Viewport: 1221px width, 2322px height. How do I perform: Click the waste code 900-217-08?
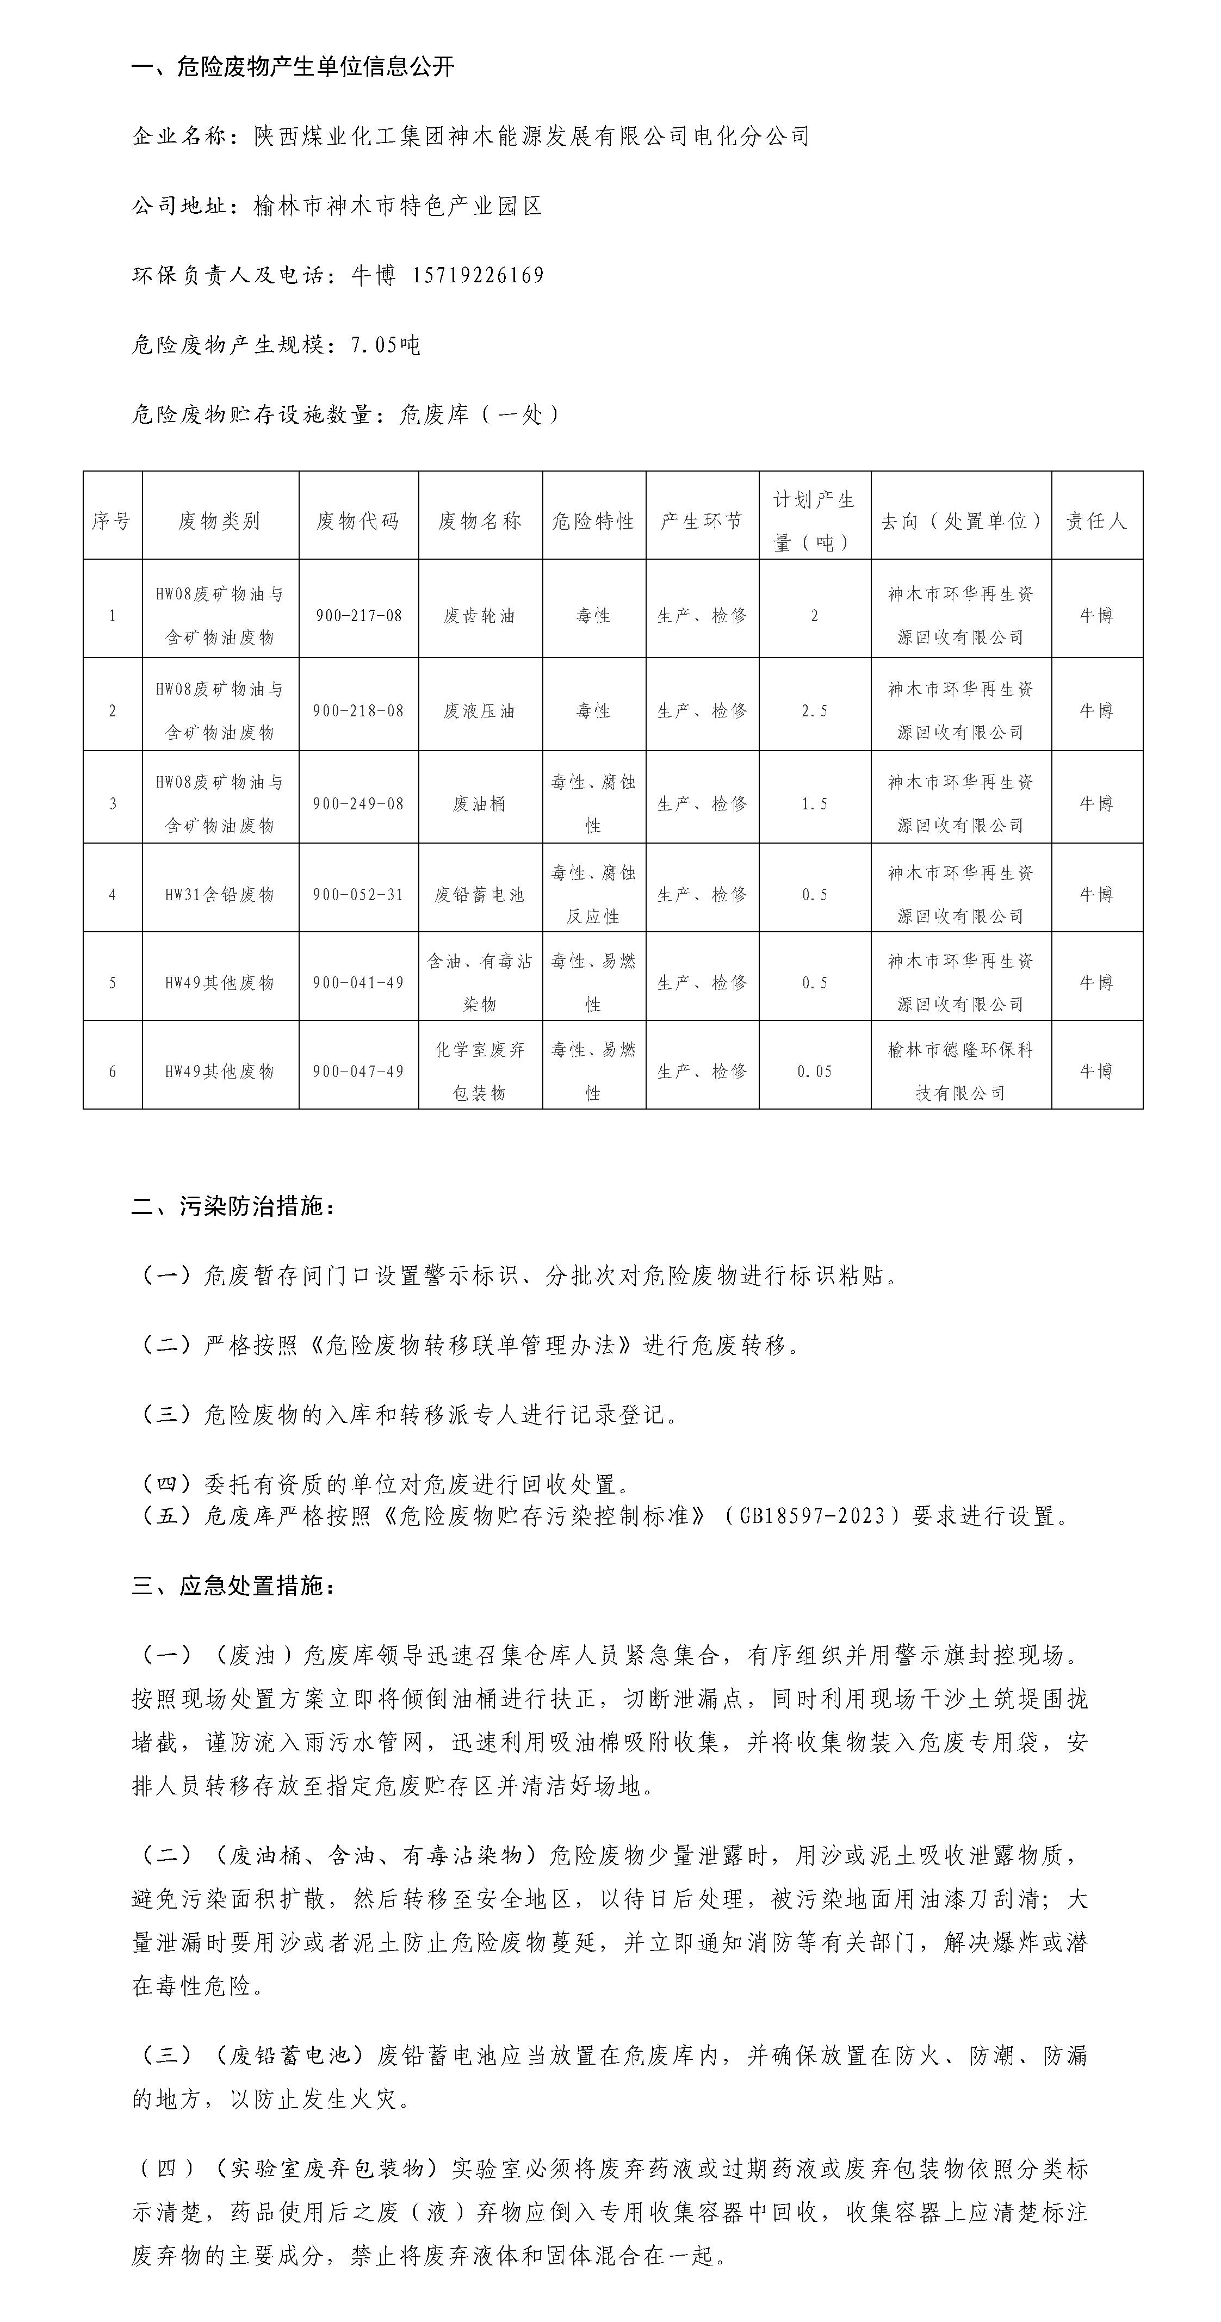click(358, 616)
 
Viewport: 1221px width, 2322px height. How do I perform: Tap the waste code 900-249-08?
click(358, 804)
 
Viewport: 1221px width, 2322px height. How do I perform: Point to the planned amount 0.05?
click(815, 1072)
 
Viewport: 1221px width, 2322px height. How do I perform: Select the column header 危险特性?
click(593, 521)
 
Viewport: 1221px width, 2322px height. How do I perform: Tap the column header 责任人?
click(1096, 521)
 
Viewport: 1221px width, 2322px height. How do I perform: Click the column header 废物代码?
click(358, 521)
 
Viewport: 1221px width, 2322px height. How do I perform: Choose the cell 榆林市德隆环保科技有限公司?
click(960, 1072)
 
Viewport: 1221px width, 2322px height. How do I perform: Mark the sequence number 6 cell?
click(113, 1072)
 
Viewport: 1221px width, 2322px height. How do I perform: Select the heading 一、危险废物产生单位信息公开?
click(293, 67)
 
